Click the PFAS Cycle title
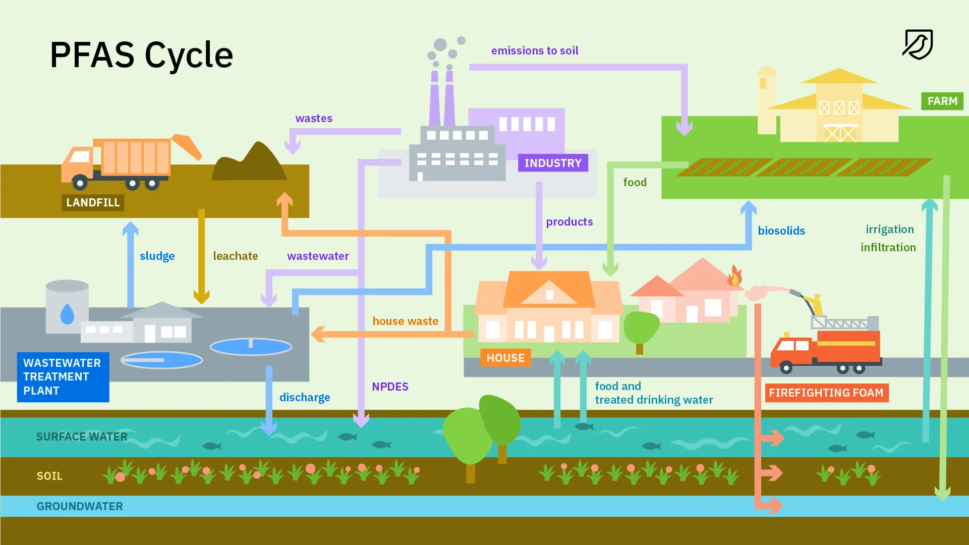[x=141, y=54]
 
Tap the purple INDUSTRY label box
[x=553, y=163]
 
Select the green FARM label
[x=942, y=101]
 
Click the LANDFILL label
[x=93, y=202]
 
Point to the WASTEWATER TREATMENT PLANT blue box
[x=63, y=377]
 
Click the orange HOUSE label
[x=505, y=358]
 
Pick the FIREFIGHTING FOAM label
[x=826, y=393]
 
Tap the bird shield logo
[x=918, y=44]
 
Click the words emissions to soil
[x=535, y=50]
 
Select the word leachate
[x=235, y=256]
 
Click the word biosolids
[x=781, y=231]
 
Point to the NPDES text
[x=390, y=387]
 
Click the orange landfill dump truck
[x=121, y=161]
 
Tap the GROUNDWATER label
[x=80, y=506]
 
